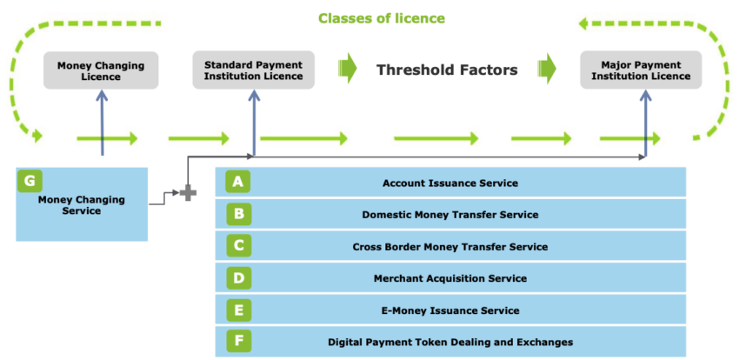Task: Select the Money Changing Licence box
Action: (101, 70)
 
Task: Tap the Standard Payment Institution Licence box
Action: (253, 70)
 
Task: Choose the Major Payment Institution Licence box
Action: (645, 70)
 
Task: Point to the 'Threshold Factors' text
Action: (447, 70)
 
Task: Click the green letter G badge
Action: (30, 181)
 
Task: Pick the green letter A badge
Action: (238, 182)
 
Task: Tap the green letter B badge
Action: (238, 214)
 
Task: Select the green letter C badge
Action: (238, 246)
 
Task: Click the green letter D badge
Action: (238, 278)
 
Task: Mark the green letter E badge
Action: (238, 310)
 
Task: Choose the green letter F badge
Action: (238, 342)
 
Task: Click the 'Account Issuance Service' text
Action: (449, 183)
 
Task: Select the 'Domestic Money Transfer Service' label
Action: (449, 215)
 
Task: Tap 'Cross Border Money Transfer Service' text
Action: (449, 247)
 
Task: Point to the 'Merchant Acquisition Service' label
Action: (449, 278)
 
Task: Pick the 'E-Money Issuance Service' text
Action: (449, 310)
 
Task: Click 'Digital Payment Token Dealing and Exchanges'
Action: (449, 343)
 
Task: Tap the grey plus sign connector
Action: (187, 192)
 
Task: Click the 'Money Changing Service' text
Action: (81, 205)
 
